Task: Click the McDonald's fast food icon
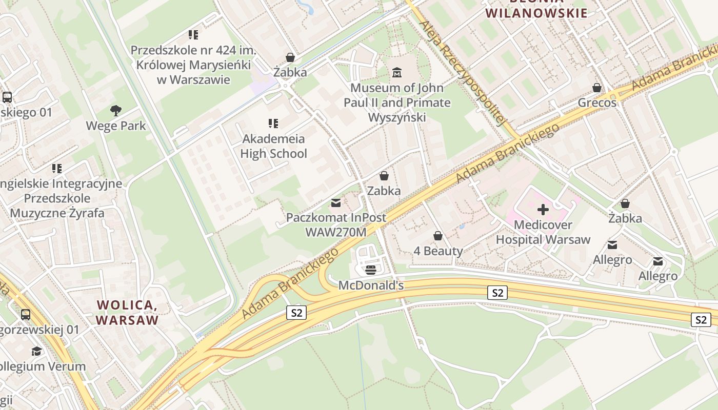371,270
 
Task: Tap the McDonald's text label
371,285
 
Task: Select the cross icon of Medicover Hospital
543,209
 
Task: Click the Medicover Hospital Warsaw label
543,232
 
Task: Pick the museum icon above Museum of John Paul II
397,73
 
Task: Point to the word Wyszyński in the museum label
397,117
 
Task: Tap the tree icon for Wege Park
116,110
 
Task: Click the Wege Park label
116,126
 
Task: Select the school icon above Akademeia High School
273,124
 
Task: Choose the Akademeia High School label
273,146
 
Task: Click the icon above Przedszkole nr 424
193,35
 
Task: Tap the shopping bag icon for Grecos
596,88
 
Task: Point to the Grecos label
597,103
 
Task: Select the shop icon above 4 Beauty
438,236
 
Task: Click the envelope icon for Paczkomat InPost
336,203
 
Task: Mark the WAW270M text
336,232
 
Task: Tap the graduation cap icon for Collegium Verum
36,351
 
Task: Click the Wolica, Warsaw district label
127,313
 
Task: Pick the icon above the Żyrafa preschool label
56,168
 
